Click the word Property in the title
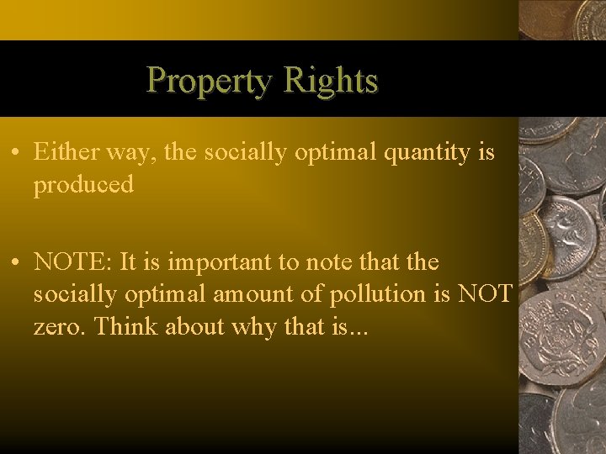tap(210, 81)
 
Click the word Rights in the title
tap(331, 81)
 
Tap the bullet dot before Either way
tap(17, 153)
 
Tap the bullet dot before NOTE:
tap(17, 262)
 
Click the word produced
tap(83, 185)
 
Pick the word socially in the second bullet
tap(73, 294)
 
